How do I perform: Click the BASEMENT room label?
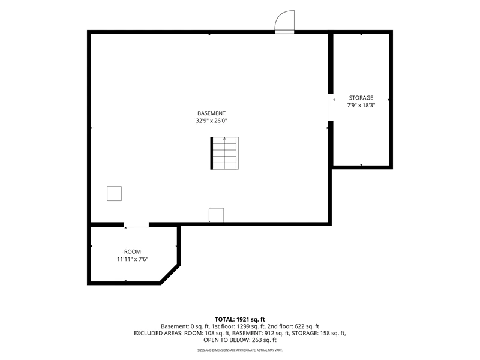(x=211, y=113)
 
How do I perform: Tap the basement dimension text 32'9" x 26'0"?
(x=211, y=121)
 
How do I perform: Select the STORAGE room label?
(x=361, y=98)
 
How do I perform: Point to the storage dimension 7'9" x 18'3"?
(x=361, y=106)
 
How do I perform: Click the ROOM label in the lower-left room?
(x=133, y=251)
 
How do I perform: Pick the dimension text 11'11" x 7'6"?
(x=133, y=259)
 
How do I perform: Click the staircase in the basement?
(x=224, y=153)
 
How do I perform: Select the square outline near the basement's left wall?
(x=114, y=193)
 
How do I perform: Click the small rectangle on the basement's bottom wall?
(x=216, y=215)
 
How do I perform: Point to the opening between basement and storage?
(x=331, y=107)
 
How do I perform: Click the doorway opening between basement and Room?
(x=136, y=225)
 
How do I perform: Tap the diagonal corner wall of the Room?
(x=170, y=274)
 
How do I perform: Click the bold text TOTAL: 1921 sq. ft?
(x=239, y=320)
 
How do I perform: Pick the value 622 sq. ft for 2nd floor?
(x=307, y=326)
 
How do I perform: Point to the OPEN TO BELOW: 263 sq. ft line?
(x=239, y=340)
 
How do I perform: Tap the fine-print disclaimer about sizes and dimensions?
(x=239, y=350)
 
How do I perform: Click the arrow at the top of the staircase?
(x=224, y=139)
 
